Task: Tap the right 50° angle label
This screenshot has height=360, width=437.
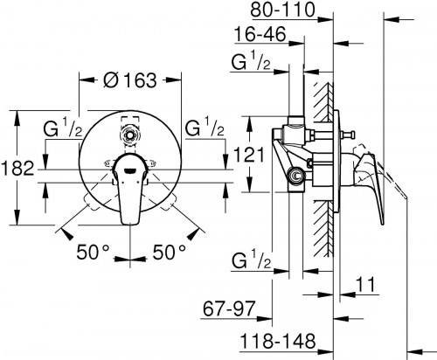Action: (170, 252)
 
